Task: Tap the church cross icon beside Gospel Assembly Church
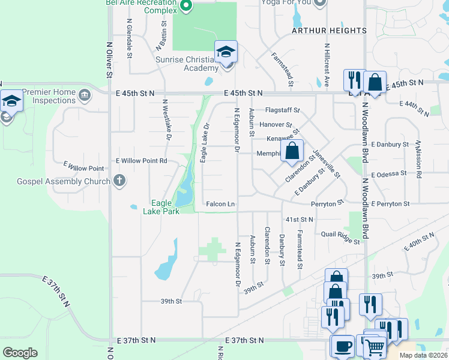click(x=119, y=180)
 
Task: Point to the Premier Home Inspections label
click(x=49, y=96)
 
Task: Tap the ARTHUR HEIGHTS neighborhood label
click(x=329, y=30)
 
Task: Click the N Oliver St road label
click(x=109, y=60)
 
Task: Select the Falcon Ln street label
click(x=220, y=204)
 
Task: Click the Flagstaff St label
click(x=282, y=110)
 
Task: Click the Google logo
click(x=20, y=353)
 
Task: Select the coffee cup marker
click(x=343, y=347)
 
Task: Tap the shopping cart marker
click(x=375, y=346)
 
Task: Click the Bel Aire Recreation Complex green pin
click(x=185, y=7)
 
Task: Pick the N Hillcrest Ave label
click(x=327, y=62)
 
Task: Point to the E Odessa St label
click(x=390, y=175)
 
